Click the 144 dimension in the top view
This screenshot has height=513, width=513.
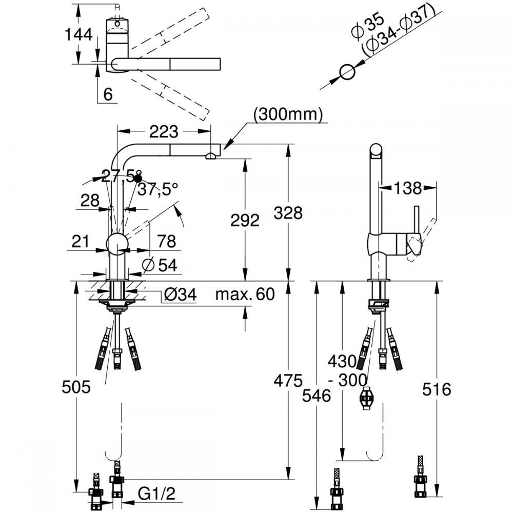pos(78,35)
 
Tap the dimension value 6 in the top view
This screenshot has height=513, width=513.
pos(107,93)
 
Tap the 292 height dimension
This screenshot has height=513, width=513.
pos(245,221)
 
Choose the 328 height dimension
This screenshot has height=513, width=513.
pos(288,212)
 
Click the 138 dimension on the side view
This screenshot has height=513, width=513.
pos(407,189)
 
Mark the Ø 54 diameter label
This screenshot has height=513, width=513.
pos(160,265)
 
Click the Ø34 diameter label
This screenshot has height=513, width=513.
pos(180,294)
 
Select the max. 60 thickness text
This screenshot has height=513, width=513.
pos(245,294)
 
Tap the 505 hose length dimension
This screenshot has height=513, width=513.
pos(75,387)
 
